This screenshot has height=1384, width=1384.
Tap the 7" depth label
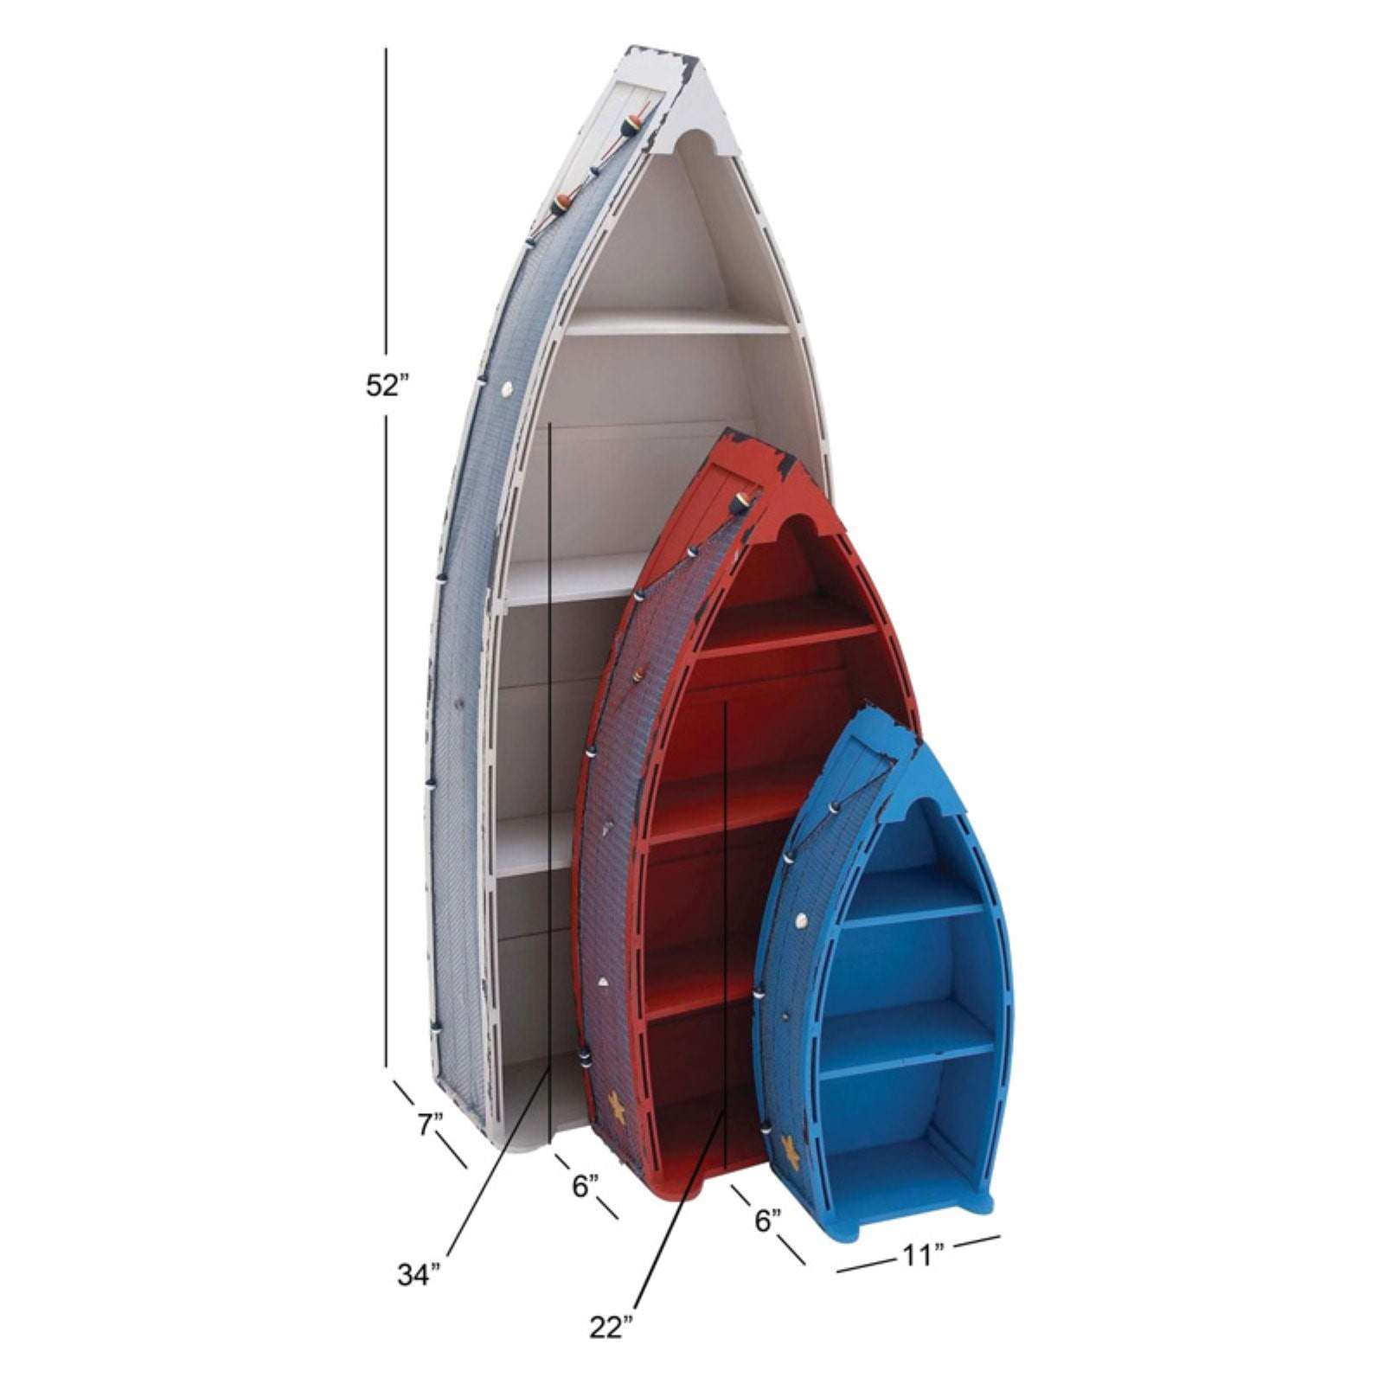coord(430,1124)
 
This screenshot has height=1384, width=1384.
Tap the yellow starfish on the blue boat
coord(789,1151)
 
